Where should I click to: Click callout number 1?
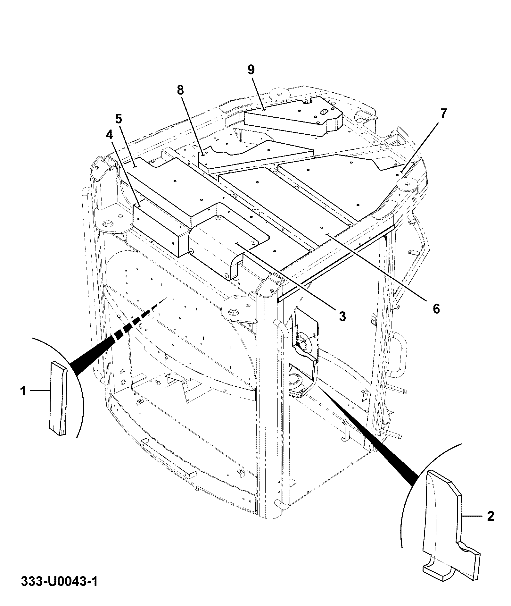coord(23,391)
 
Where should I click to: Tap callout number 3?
coord(342,316)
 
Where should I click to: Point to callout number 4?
coord(110,135)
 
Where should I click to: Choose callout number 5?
coord(119,119)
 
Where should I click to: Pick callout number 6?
coord(436,308)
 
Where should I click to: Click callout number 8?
coord(180,90)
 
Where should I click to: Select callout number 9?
coord(251,70)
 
